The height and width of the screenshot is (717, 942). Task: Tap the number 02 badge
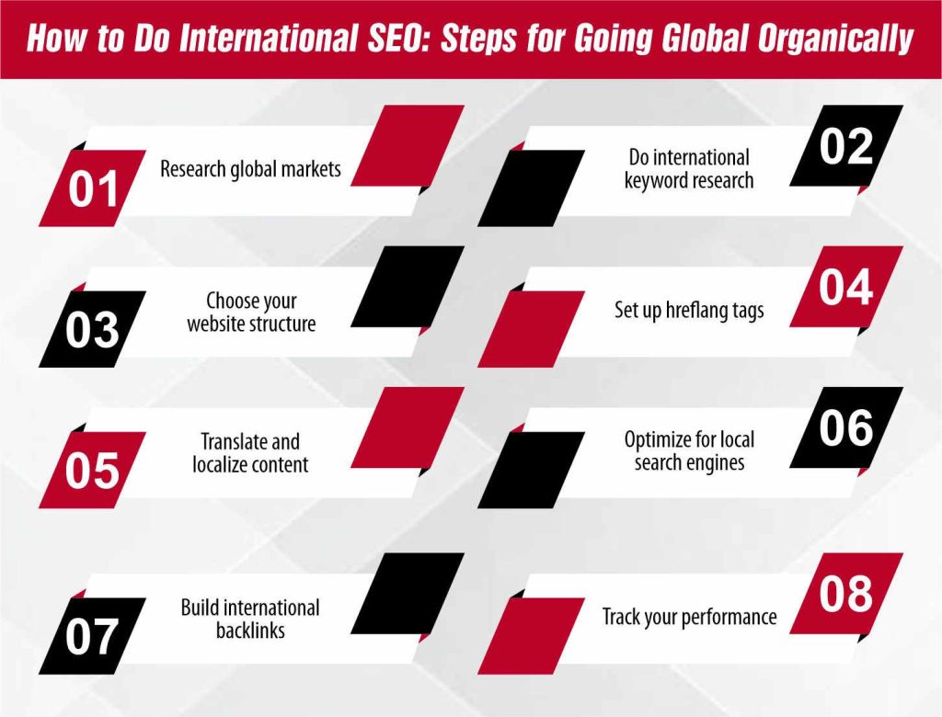coord(846,147)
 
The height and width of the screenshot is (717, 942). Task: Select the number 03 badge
coord(92,329)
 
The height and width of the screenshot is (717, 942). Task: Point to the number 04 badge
coord(846,288)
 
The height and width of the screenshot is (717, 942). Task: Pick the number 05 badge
coord(92,470)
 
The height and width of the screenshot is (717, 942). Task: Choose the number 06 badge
coord(846,428)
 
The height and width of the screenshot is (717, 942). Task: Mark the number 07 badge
coord(92,636)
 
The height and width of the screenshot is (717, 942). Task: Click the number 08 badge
coord(846,595)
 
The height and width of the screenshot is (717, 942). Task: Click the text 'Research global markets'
coord(250,169)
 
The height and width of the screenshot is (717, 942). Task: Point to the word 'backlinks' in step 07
coord(250,631)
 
